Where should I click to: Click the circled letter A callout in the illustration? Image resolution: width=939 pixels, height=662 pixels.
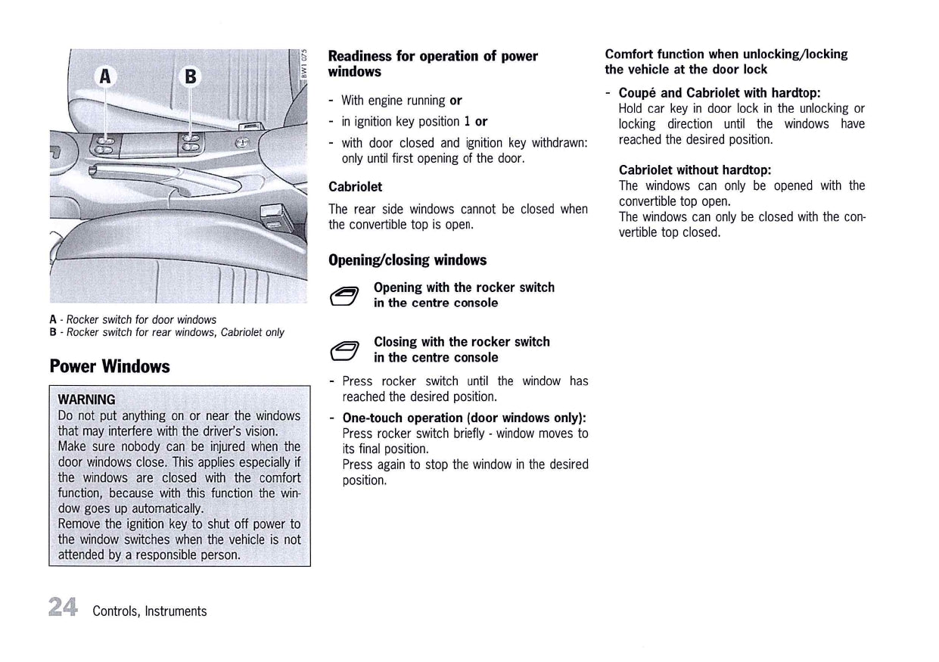105,76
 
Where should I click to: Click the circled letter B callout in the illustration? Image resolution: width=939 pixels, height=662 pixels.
190,76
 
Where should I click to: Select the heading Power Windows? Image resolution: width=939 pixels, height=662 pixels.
110,367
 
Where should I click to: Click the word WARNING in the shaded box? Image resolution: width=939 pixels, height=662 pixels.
87,399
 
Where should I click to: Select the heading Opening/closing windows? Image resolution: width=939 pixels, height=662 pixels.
407,260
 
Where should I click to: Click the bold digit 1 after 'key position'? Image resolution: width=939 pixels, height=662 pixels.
467,122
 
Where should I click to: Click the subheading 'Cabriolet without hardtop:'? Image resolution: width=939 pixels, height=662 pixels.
695,170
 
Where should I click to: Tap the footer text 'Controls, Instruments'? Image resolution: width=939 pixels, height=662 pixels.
149,611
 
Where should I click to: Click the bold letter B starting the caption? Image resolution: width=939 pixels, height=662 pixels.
53,332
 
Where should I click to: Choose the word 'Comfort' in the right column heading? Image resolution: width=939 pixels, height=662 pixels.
630,54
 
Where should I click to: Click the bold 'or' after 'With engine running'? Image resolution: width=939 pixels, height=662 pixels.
456,101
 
